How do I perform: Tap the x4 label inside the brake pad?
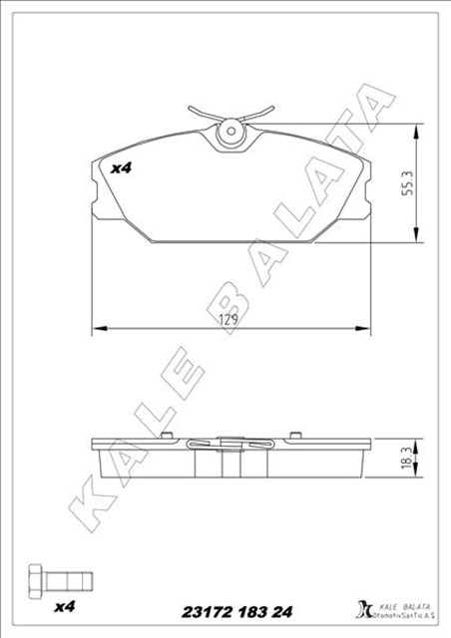tap(121, 168)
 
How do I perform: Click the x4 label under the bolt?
tap(65, 605)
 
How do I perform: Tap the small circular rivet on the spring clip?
tap(230, 128)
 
